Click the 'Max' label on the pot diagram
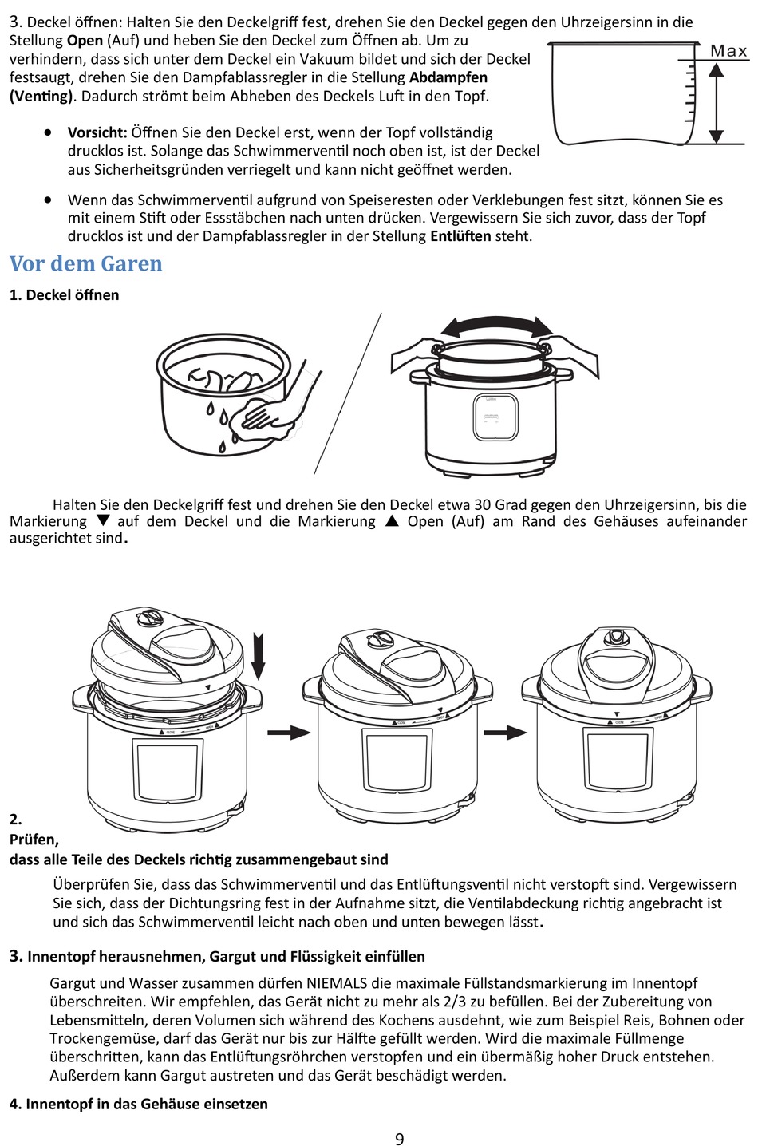pos(728,52)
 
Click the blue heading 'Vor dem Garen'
pos(86,263)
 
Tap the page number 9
pos(399,1138)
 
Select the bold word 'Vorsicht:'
pos(97,132)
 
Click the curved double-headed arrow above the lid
pos(497,327)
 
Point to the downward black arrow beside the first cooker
pos(258,656)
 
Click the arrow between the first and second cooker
pos(288,732)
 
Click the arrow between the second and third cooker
pos(506,732)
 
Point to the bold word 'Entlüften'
pos(460,236)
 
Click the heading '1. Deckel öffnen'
pos(64,294)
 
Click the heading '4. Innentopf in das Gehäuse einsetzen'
pos(139,1104)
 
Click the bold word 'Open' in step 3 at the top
pos(85,40)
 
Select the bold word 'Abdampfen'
pos(448,77)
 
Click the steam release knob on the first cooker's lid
pos(148,619)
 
